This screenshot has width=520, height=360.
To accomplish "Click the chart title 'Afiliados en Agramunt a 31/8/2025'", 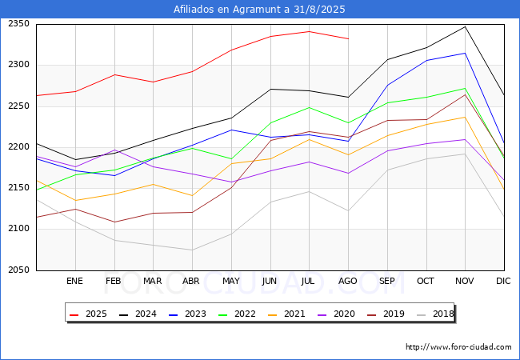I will tap(260, 10).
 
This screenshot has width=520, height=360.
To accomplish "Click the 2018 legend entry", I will tap(433, 314).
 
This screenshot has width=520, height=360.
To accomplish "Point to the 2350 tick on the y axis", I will tap(18, 24).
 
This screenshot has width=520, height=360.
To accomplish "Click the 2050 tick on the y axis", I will tap(18, 270).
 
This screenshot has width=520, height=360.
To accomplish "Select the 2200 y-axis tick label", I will tap(18, 147).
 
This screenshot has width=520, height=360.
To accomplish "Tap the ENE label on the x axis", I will tap(75, 282).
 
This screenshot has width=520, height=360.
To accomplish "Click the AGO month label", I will tap(348, 282).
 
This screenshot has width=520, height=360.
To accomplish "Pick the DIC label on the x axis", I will tap(503, 282).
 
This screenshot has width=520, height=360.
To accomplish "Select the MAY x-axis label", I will tap(231, 282).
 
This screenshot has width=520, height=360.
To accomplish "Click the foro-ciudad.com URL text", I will tap(458, 347).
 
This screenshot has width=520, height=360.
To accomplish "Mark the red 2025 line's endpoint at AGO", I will tap(348, 38).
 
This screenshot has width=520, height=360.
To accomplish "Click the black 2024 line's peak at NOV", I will tap(465, 26).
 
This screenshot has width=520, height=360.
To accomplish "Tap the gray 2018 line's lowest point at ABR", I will tap(192, 250).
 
